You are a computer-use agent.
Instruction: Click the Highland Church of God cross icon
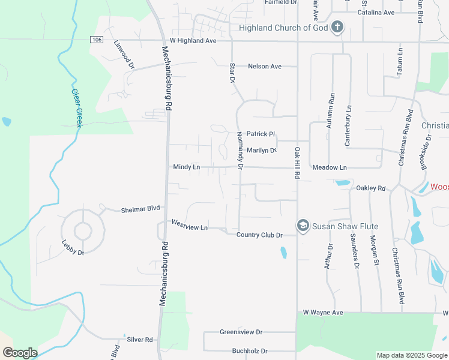337,27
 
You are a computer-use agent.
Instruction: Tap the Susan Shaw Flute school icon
303,225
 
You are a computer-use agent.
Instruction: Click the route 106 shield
97,39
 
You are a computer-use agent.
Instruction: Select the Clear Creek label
76,108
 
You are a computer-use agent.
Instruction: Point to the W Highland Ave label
193,41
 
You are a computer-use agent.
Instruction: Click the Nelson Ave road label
265,66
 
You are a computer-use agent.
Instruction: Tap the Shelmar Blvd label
141,209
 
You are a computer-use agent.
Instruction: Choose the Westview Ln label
189,225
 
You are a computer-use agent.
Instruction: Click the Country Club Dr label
259,235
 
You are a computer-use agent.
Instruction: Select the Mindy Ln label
186,167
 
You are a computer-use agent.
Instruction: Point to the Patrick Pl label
261,134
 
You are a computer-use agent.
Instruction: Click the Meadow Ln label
330,167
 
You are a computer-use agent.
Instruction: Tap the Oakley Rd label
370,188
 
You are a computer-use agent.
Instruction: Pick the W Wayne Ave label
323,313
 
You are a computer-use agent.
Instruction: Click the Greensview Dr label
241,332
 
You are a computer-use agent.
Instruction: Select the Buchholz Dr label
250,351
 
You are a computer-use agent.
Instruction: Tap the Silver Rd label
140,340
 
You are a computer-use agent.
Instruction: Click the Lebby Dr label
73,248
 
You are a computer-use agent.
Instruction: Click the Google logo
20,353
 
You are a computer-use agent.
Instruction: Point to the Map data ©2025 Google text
412,355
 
